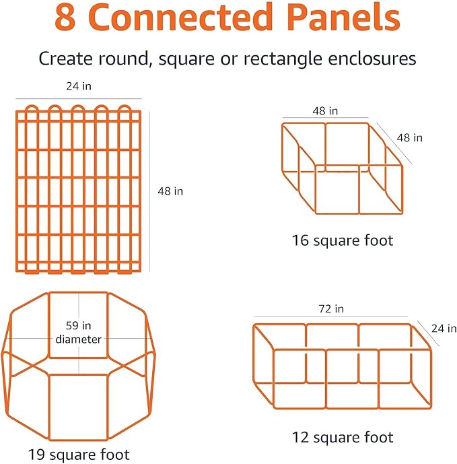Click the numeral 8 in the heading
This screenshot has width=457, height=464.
pyautogui.click(x=65, y=18)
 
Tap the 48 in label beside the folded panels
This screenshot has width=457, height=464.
pyautogui.click(x=170, y=191)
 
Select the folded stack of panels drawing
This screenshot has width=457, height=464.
pyautogui.click(x=79, y=189)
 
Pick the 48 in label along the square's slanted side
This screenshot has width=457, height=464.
pyautogui.click(x=409, y=137)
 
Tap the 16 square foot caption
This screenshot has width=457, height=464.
pyautogui.click(x=343, y=240)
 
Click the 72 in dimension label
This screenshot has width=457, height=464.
pyautogui.click(x=330, y=309)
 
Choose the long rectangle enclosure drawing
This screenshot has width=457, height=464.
pyautogui.click(x=343, y=365)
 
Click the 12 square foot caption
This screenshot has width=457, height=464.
pyautogui.click(x=343, y=437)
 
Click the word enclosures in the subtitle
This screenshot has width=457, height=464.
pyautogui.click(x=374, y=58)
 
